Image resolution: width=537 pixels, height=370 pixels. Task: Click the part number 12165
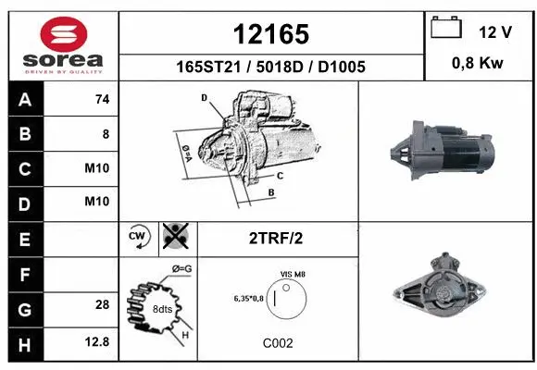[270, 34]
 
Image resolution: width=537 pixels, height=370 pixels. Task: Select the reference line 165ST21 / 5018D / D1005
[270, 67]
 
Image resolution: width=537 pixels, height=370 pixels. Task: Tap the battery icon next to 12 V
[446, 29]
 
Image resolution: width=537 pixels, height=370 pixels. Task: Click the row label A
[24, 100]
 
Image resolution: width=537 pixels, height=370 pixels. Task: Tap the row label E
[24, 238]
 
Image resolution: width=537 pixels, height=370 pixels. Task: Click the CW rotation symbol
[138, 238]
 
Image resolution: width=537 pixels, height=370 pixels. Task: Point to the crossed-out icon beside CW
[173, 238]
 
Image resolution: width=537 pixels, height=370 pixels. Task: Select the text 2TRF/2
[276, 238]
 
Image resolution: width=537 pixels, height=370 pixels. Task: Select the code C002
[278, 342]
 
